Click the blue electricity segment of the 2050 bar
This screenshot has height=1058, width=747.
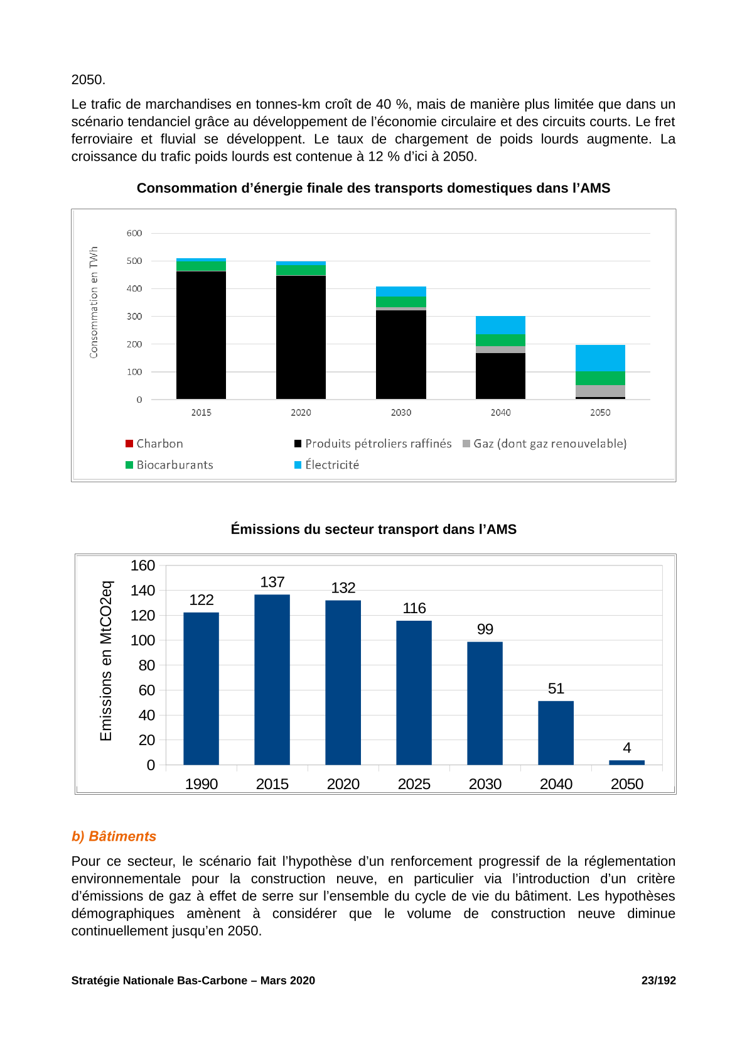(599, 358)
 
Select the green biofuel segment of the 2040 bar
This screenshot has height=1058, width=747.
(500, 340)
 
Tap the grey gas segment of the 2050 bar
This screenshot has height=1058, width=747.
(599, 391)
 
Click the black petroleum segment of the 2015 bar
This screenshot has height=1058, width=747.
(201, 335)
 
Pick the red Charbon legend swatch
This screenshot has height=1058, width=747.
(129, 444)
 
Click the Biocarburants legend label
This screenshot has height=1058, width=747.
(175, 465)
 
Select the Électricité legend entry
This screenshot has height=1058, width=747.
(326, 465)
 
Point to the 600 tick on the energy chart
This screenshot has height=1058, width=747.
(134, 233)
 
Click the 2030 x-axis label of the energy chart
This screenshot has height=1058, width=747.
(400, 412)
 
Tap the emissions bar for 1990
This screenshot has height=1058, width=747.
(201, 688)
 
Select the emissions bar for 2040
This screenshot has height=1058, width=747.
(556, 733)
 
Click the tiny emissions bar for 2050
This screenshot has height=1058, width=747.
(626, 762)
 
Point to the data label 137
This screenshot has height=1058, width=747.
(272, 582)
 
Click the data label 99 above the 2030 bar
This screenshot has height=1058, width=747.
(485, 629)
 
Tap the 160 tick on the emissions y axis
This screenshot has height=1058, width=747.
(142, 565)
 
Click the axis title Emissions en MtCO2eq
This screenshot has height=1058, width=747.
(106, 661)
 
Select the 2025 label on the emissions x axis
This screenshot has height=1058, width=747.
(414, 784)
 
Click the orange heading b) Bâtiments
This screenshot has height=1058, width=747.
(114, 836)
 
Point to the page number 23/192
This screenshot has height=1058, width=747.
(658, 981)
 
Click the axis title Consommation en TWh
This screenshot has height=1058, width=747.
(94, 302)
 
